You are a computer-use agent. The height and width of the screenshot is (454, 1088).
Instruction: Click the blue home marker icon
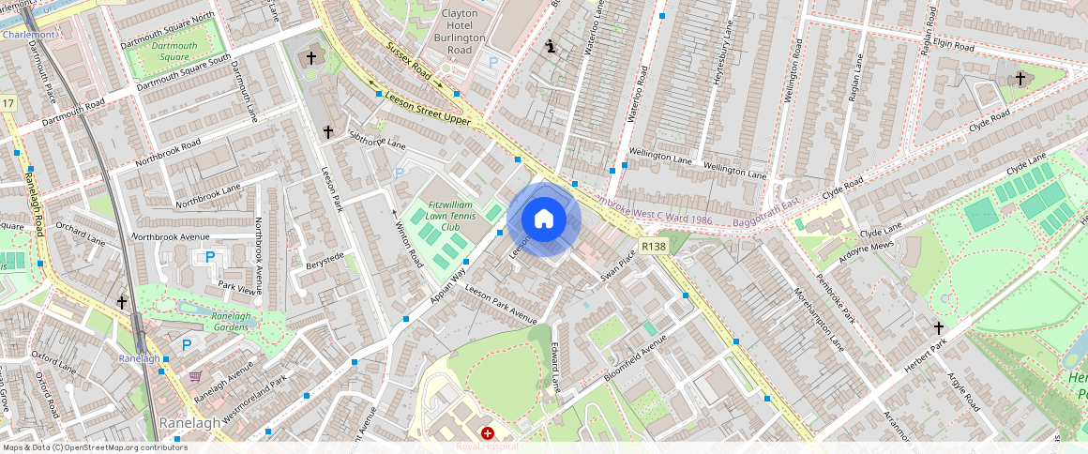tap(544, 219)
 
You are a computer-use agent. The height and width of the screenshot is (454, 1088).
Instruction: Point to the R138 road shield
tap(654, 245)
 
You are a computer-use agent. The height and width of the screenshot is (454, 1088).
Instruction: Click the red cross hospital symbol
tap(488, 432)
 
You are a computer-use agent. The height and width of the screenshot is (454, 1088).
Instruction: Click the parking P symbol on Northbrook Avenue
tap(209, 257)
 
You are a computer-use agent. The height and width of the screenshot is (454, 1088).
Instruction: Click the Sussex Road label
tap(408, 60)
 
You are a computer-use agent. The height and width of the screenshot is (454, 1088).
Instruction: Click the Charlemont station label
tap(28, 35)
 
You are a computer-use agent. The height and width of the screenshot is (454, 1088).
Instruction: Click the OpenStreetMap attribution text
tap(94, 447)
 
